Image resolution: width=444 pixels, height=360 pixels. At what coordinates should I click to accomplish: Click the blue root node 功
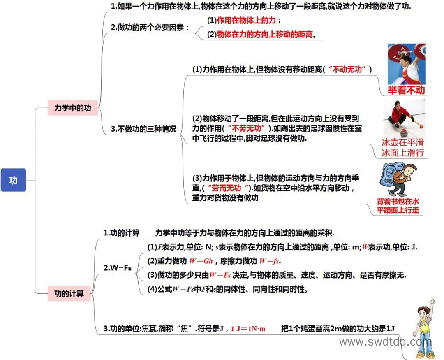pyautogui.click(x=13, y=180)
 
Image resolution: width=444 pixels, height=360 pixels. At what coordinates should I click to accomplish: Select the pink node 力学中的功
pyautogui.click(x=72, y=108)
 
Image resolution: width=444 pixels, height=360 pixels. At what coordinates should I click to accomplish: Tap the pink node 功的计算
pyautogui.click(x=69, y=293)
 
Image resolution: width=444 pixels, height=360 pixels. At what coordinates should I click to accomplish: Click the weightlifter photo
pyautogui.click(x=407, y=64)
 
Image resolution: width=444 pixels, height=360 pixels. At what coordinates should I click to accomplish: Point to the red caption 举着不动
pyautogui.click(x=406, y=90)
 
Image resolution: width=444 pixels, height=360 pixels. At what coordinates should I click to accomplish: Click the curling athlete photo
pyautogui.click(x=405, y=118)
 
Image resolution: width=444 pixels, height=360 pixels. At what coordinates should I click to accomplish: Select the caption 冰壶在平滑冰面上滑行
pyautogui.click(x=402, y=147)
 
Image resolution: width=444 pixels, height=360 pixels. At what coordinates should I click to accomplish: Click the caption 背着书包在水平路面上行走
pyautogui.click(x=398, y=206)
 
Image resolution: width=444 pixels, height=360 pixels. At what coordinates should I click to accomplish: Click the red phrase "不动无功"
pyautogui.click(x=347, y=70)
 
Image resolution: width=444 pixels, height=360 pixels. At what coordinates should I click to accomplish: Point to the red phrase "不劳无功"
pyautogui.click(x=247, y=128)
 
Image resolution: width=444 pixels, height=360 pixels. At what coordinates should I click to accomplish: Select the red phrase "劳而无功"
pyautogui.click(x=228, y=188)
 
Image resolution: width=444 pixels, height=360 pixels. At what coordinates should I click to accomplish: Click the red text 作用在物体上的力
pyautogui.click(x=246, y=20)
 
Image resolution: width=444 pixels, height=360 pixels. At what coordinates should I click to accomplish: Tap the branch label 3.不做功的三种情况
pyautogui.click(x=143, y=129)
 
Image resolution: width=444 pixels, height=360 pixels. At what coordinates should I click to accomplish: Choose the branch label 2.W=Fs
pyautogui.click(x=118, y=268)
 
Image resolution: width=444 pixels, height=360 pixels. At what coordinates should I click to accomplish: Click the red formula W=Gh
pyautogui.click(x=201, y=261)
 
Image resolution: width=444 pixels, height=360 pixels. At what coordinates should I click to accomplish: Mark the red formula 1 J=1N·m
pyautogui.click(x=248, y=329)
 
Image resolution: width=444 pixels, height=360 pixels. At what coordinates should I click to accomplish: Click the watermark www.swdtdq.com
pyautogui.click(x=385, y=342)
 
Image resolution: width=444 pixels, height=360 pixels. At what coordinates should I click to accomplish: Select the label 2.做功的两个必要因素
pyautogui.click(x=150, y=28)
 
